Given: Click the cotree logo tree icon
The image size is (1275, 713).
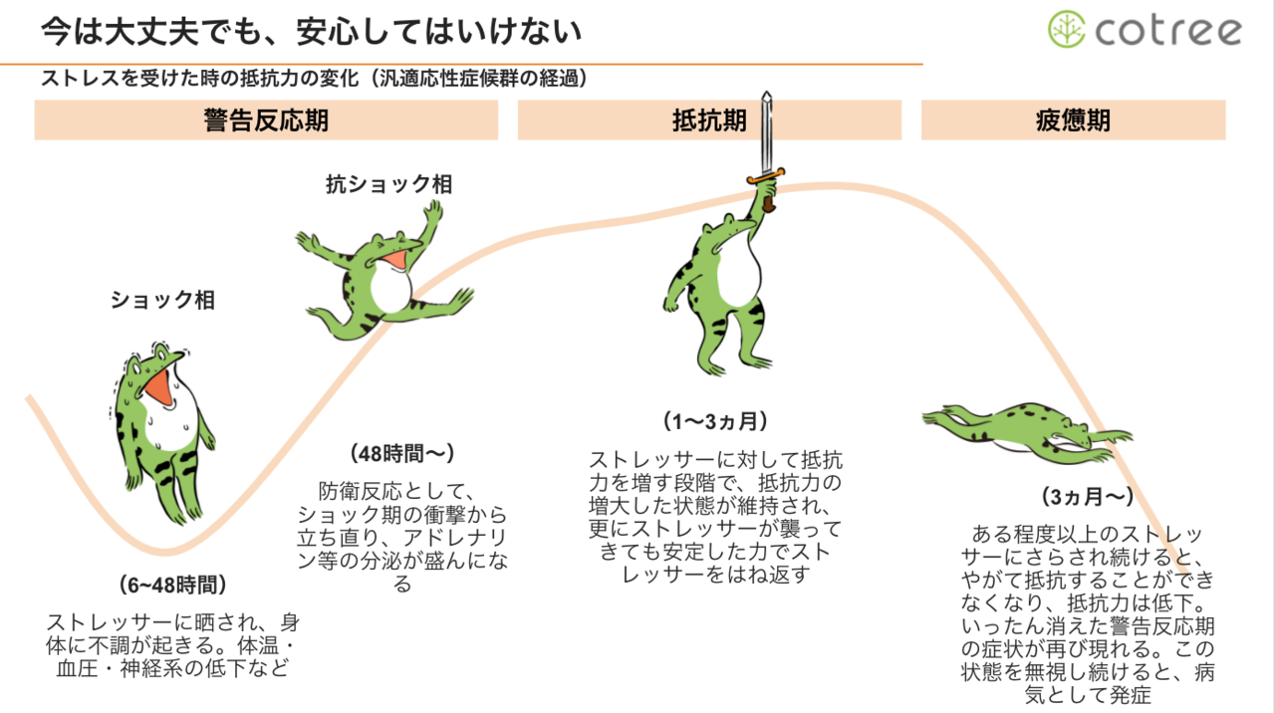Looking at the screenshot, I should [x=1066, y=30].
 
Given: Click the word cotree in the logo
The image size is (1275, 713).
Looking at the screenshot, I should [x=1168, y=31].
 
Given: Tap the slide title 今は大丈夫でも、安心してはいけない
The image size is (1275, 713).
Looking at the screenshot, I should [x=311, y=32].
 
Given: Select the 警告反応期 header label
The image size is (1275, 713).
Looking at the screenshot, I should [x=266, y=120].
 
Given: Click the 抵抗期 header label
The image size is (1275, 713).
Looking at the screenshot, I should [x=709, y=120].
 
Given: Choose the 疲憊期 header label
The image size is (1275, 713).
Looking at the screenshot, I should [x=1073, y=120].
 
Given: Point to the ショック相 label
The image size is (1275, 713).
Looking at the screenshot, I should [x=162, y=300].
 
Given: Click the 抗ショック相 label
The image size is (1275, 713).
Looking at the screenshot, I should [x=388, y=184].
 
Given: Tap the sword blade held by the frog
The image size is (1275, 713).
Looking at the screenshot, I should [x=766, y=134].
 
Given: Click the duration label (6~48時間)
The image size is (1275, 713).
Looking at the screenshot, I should [x=173, y=585].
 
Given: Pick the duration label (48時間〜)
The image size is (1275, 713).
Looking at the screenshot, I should [x=402, y=453].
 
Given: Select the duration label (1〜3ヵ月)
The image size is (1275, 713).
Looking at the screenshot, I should [x=715, y=421].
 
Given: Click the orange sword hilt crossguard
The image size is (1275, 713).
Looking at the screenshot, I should [x=767, y=177].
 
